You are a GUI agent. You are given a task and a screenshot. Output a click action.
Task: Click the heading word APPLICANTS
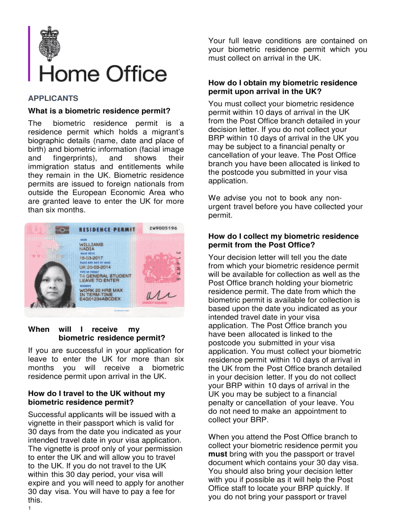(53, 98)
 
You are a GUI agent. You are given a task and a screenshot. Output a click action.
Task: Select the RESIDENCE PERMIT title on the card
(107, 229)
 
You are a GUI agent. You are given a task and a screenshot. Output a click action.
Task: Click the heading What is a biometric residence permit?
(99, 111)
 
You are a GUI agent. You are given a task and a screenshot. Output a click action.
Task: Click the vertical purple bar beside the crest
(30, 53)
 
